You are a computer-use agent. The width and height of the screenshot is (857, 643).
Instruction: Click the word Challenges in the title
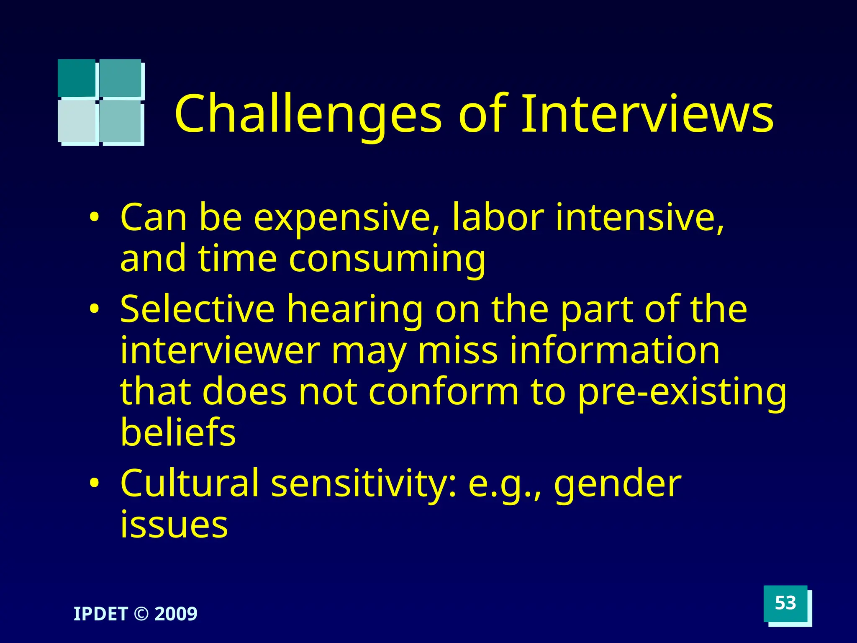[308, 114]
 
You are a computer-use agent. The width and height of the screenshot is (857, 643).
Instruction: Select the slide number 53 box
[785, 603]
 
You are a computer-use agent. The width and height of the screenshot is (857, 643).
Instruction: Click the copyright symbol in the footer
[141, 614]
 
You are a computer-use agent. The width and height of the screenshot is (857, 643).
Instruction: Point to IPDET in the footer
[100, 614]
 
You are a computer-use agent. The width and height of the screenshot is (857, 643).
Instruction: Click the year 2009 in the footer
[176, 614]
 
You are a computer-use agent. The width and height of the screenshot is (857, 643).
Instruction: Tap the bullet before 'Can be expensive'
[95, 218]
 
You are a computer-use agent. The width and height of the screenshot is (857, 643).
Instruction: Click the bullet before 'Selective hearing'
[95, 309]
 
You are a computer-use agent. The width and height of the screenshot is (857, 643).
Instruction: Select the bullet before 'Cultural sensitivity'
[95, 484]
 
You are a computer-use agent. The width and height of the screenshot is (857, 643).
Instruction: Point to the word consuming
[387, 260]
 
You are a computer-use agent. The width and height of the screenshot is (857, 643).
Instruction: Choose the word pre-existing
[682, 393]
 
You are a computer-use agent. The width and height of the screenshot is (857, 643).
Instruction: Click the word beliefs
[178, 432]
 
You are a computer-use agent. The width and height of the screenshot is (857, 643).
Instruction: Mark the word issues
[174, 524]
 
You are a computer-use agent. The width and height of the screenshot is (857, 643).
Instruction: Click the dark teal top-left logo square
[77, 78]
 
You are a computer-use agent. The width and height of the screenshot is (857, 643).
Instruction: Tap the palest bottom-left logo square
[78, 121]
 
